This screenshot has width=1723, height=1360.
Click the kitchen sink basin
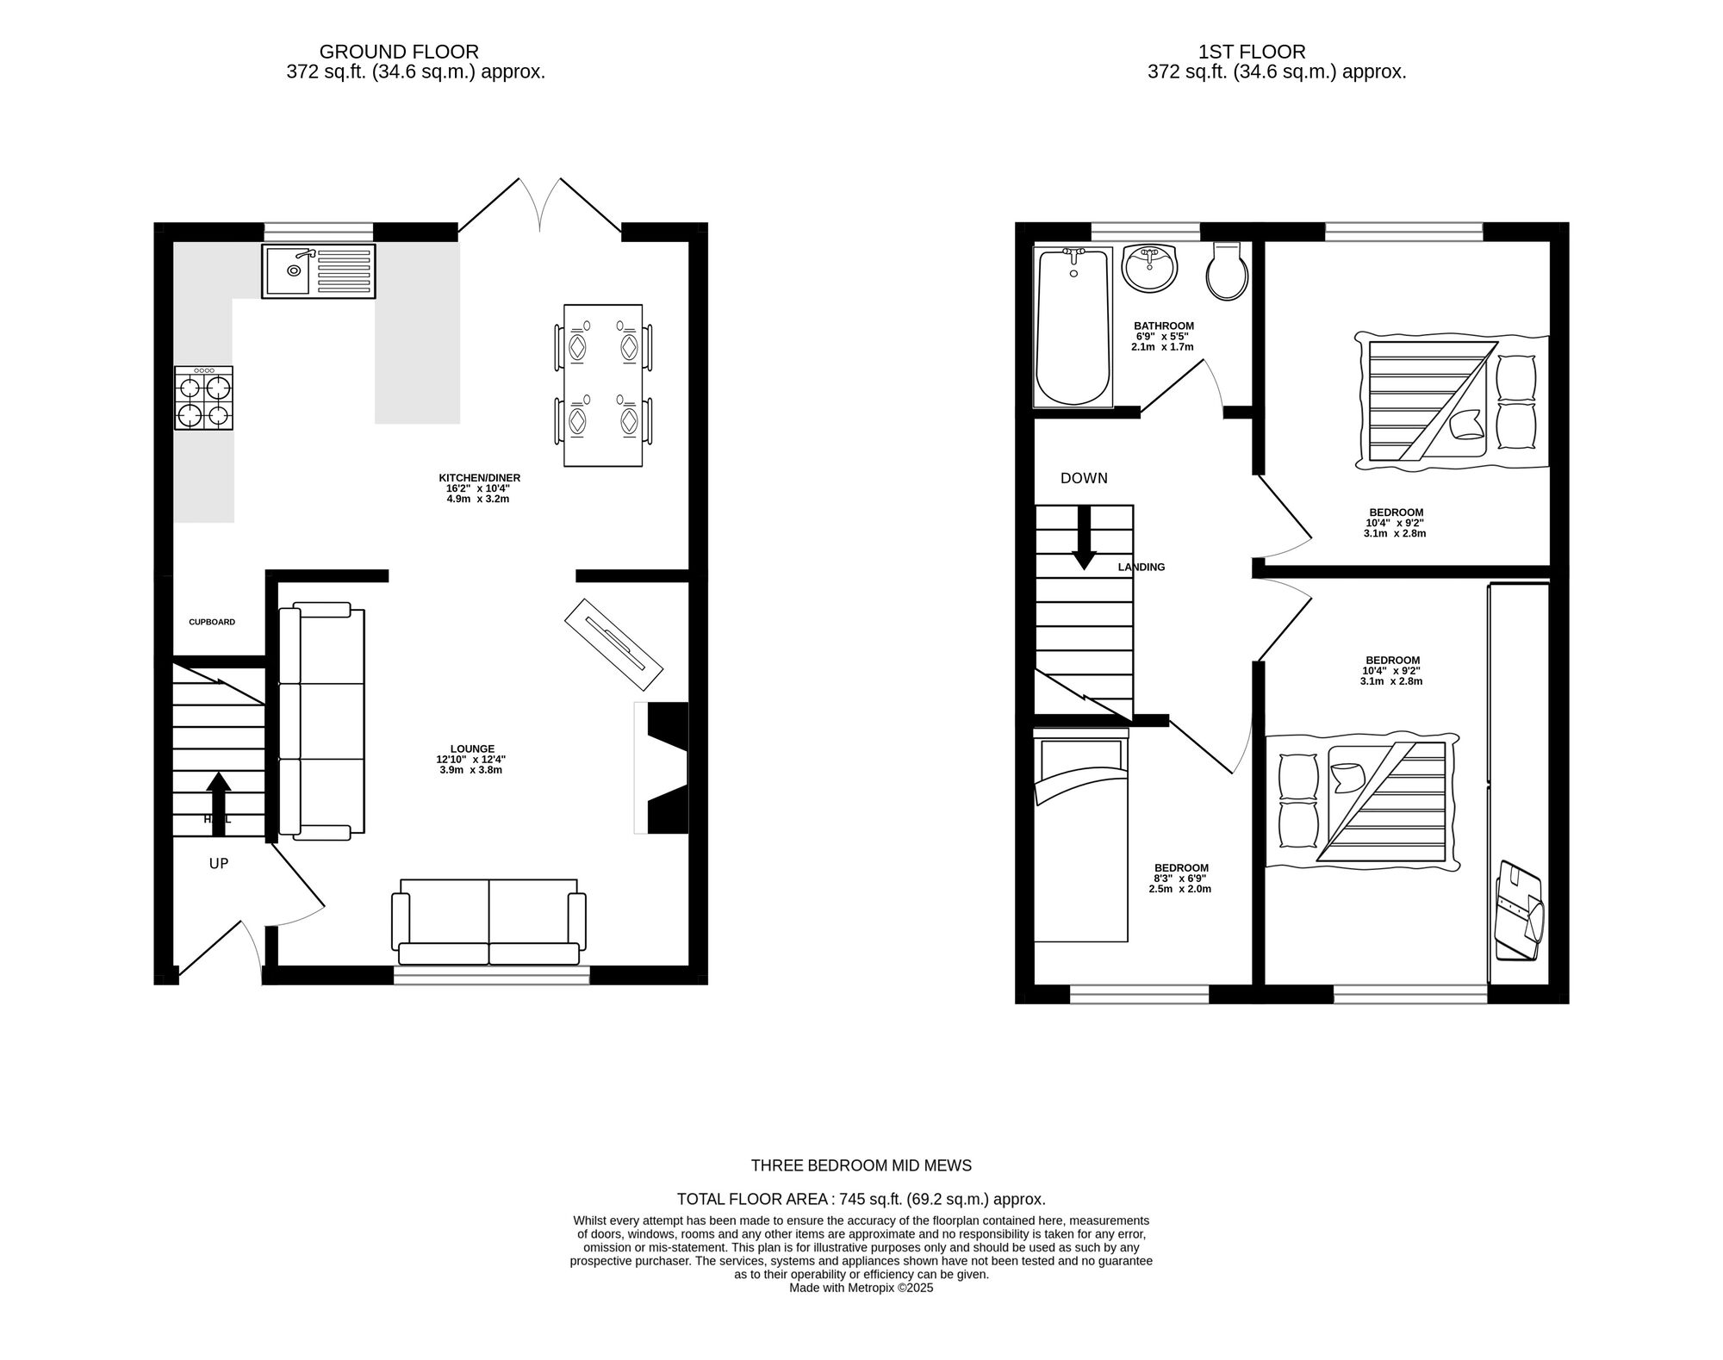coord(289,270)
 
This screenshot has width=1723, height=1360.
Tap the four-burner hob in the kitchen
coord(204,398)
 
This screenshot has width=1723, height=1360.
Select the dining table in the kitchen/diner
coord(603,385)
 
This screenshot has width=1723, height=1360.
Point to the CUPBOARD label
coord(212,622)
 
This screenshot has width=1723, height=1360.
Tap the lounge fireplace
coord(662,767)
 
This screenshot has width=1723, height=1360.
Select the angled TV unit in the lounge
coord(614,644)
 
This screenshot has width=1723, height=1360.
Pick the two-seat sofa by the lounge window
coord(488,922)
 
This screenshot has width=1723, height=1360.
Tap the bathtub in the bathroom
coord(1073,326)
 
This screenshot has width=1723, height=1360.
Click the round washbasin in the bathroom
coord(1149,268)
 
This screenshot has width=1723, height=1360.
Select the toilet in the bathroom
coord(1226,271)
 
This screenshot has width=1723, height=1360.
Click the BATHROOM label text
coord(1164,326)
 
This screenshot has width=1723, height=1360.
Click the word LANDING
coord(1141,568)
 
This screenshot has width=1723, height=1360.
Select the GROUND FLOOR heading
coord(399,52)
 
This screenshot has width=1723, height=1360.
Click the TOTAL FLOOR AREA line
coord(861,1199)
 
